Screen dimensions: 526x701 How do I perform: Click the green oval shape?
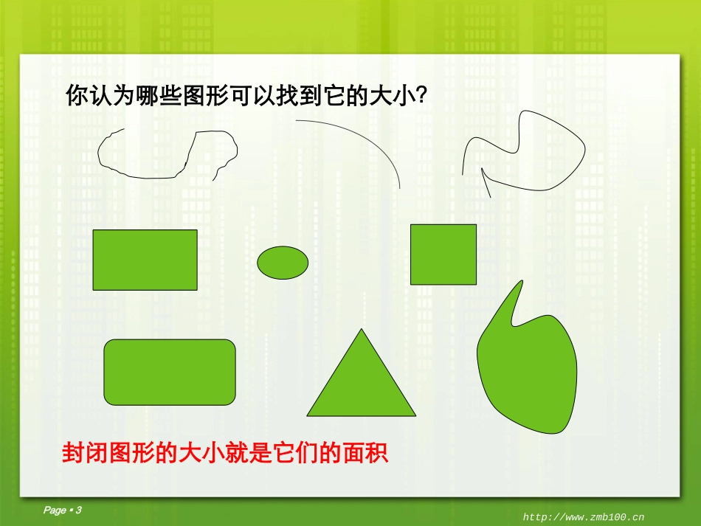pos(283,261)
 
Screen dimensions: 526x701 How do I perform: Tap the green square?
pos(443,255)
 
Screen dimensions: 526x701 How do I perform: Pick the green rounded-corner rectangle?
pos(170,372)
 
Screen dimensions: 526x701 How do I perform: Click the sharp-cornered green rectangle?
pos(145,260)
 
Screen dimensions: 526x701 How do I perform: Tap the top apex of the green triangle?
pos(361,330)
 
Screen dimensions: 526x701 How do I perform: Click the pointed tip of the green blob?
pos(522,282)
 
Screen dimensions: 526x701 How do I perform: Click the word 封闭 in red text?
pos(83,452)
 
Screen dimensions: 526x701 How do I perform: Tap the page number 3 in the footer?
pos(78,511)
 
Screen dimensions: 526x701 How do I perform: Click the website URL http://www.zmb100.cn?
pos(584,517)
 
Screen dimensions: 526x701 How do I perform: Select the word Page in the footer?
pos(55,511)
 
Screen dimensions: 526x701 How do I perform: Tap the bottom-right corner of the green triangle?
pos(414,416)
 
